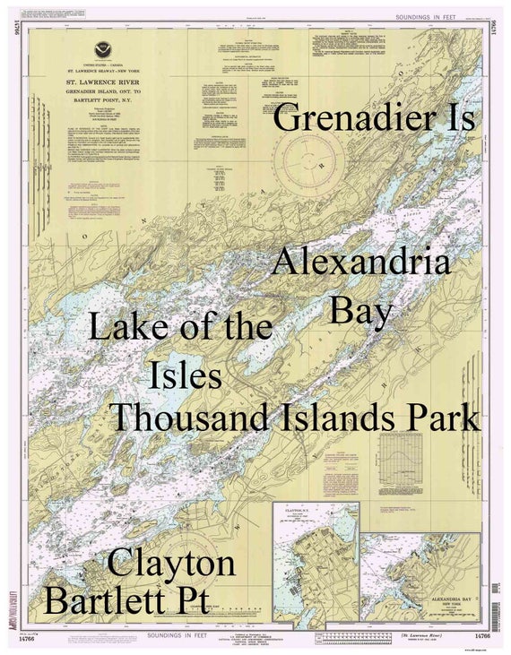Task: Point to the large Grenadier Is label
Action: click(x=374, y=118)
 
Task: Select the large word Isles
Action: click(x=186, y=374)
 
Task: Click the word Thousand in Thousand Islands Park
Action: click(x=188, y=418)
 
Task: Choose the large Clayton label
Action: click(x=171, y=564)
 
